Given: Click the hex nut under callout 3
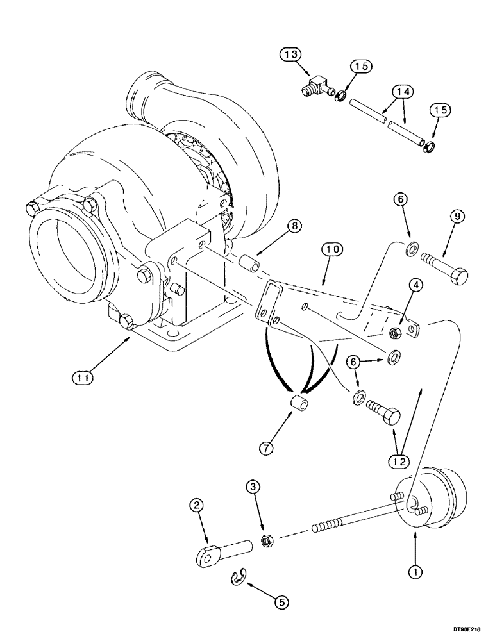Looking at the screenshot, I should (267, 542).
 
